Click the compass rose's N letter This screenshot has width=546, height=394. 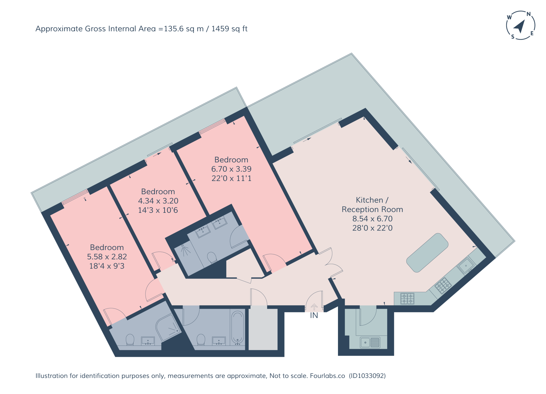(x=529, y=14)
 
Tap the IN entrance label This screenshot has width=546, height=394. (x=314, y=315)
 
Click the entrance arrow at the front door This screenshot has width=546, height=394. (x=314, y=307)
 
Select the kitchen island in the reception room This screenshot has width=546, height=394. (x=427, y=253)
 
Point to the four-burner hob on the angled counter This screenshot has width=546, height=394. (x=443, y=285)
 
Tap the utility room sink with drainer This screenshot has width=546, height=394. (x=370, y=342)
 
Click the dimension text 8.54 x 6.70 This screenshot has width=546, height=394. (x=372, y=219)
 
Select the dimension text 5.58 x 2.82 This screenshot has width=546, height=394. (x=107, y=257)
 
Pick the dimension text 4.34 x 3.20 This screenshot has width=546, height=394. (x=158, y=201)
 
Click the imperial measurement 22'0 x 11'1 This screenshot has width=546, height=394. (x=232, y=178)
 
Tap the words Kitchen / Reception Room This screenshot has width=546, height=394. (x=372, y=205)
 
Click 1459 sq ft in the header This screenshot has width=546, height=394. (x=229, y=29)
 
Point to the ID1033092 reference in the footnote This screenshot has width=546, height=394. (x=367, y=376)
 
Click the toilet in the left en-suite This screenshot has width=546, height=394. (x=130, y=340)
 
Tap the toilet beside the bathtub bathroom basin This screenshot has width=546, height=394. (x=201, y=340)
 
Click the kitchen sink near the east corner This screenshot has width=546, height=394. (x=467, y=265)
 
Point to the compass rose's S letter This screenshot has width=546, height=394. (x=513, y=37)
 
